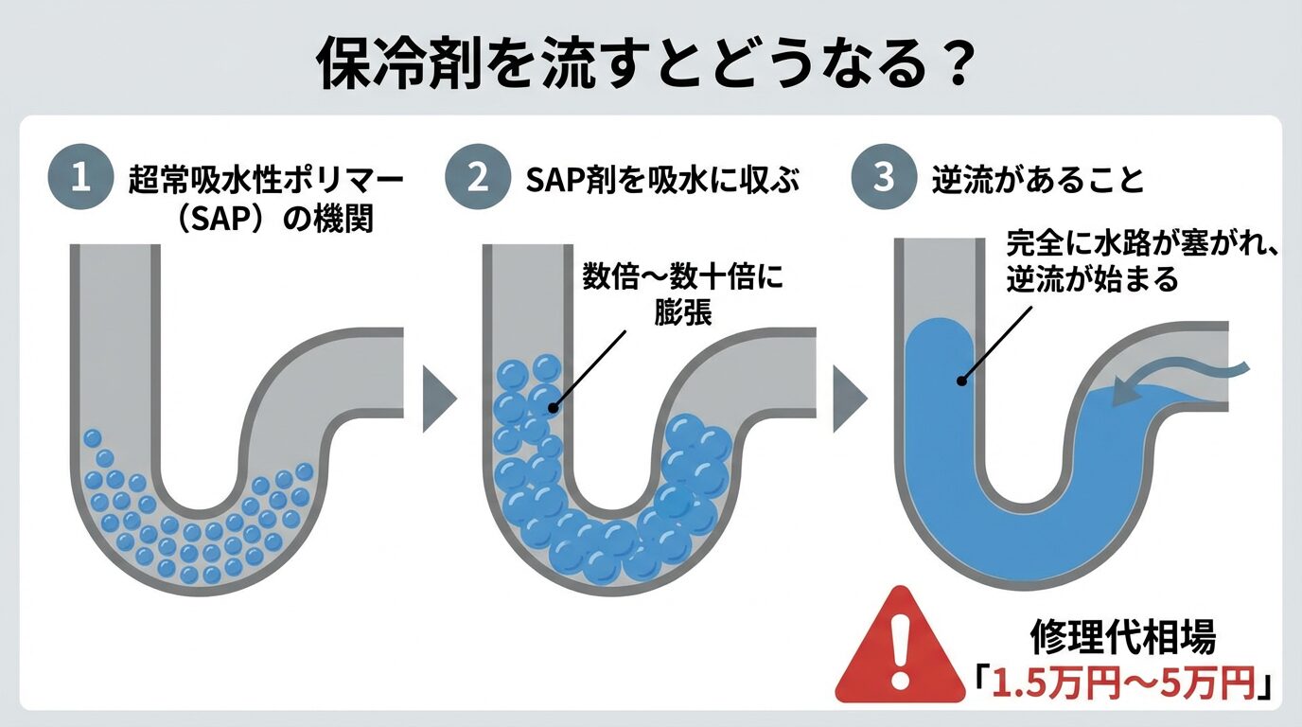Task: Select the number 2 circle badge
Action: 481,180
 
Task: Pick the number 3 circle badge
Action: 882,180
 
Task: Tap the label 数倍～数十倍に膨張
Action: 684,295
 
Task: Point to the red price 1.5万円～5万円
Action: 1122,682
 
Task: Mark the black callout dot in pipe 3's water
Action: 960,381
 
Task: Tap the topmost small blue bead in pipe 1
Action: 92,438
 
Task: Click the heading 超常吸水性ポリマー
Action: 266,181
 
